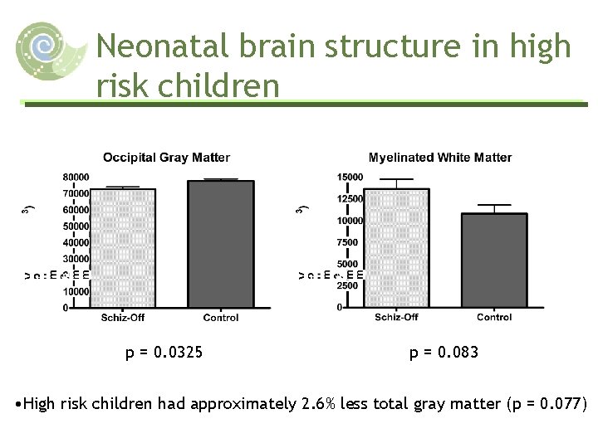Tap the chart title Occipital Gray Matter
click(x=166, y=158)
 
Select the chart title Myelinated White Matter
click(x=440, y=158)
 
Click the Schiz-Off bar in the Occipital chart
click(x=121, y=248)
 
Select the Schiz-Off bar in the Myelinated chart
click(x=396, y=248)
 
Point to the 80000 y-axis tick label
click(x=76, y=177)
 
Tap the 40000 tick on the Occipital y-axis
click(x=76, y=242)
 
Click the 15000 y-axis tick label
click(x=350, y=177)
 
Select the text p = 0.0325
click(x=164, y=353)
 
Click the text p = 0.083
click(x=444, y=353)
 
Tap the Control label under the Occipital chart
click(x=220, y=318)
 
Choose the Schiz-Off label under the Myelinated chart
click(x=396, y=318)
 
